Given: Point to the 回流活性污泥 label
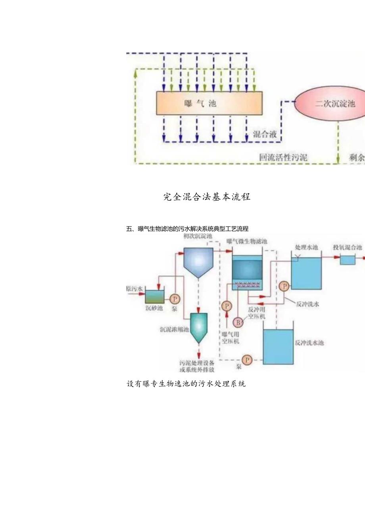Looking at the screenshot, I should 283,157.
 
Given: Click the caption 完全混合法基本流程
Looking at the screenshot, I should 207,197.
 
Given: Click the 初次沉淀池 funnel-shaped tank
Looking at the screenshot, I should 198,263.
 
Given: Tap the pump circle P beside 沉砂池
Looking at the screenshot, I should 175,299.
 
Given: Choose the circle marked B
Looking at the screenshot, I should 238,322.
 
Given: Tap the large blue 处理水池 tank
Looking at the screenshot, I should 307,274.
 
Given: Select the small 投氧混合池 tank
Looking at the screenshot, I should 348,260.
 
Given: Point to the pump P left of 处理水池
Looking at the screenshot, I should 284,286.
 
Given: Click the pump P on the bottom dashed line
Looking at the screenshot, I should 248,360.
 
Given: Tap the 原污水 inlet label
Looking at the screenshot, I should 134,289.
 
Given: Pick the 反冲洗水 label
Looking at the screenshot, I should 308,304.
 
